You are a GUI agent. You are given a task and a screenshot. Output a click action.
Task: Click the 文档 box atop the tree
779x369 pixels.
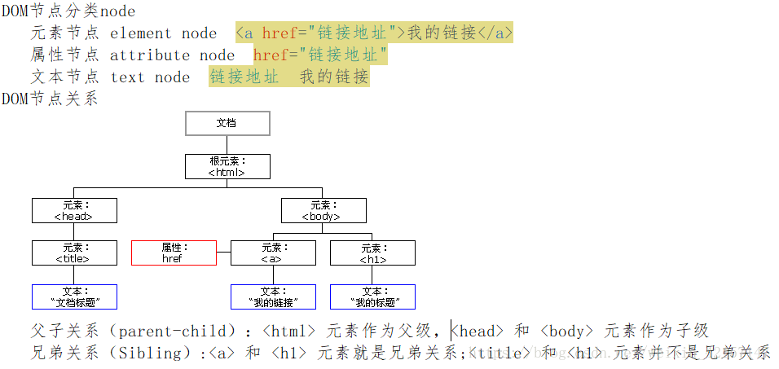coord(227,123)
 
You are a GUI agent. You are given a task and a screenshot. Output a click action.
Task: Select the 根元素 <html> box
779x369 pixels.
coord(227,167)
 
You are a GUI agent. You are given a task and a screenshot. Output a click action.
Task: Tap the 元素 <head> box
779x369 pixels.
coord(74,211)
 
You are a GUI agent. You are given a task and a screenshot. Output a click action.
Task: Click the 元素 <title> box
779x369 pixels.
coord(74,253)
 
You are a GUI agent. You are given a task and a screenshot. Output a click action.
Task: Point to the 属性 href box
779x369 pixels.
coord(174,253)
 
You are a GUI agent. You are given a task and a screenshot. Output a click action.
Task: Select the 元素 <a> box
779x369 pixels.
coord(272,253)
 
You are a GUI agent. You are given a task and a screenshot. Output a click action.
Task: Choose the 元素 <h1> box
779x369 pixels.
coord(372,253)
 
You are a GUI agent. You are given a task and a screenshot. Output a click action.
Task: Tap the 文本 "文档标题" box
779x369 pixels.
coord(74,297)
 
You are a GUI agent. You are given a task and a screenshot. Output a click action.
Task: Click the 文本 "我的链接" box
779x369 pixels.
coord(272,297)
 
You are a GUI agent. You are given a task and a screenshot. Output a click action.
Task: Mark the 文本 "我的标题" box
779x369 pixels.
coord(372,297)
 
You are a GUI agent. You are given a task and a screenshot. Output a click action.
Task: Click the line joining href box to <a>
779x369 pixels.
coord(223,253)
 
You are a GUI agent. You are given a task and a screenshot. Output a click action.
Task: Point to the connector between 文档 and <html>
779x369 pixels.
coord(227,145)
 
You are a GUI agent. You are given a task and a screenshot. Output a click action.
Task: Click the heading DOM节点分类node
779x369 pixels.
coord(68,11)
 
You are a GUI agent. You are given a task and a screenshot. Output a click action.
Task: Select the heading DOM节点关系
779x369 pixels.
coord(50,99)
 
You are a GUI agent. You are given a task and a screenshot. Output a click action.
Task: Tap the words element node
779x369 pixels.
coord(163,33)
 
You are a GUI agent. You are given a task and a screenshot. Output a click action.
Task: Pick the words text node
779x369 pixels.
coord(150,77)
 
